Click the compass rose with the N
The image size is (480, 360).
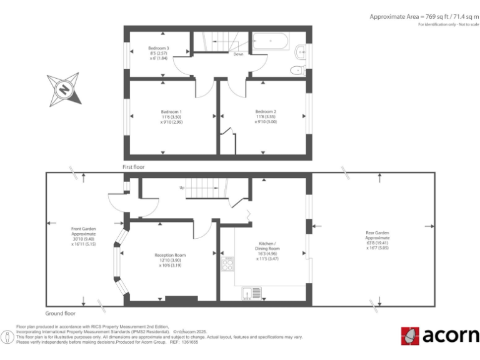click(64, 89)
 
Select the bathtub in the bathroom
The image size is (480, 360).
click(270, 42)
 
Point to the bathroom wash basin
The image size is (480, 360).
click(301, 51)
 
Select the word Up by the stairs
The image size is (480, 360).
click(182, 187)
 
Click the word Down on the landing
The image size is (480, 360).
click(238, 54)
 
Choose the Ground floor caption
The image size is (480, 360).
click(61, 312)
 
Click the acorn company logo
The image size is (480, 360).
click(440, 336)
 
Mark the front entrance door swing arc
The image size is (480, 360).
click(116, 202)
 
